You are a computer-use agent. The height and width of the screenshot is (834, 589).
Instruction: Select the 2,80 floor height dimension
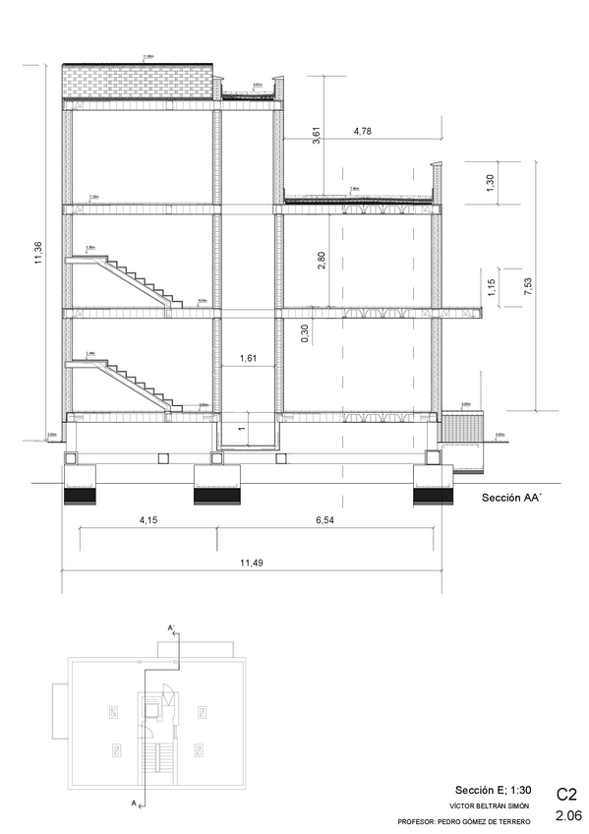(x=320, y=261)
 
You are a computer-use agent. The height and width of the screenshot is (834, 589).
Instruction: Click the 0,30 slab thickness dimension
(x=305, y=334)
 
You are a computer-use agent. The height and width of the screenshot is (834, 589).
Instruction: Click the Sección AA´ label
(x=512, y=499)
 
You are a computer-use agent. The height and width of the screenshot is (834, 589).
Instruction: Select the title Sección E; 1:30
(x=493, y=790)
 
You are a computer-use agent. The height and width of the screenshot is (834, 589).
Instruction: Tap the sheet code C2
(x=566, y=793)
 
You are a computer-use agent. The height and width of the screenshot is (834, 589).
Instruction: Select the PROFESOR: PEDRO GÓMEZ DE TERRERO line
(x=463, y=821)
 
